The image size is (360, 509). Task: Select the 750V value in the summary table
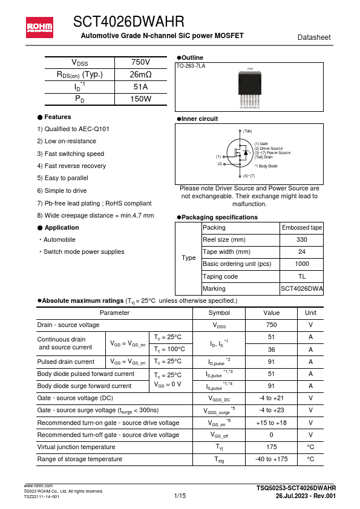point(140,63)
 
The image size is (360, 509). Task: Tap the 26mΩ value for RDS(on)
point(140,75)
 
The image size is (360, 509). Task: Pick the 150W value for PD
point(140,99)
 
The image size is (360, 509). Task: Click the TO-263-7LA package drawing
point(250,87)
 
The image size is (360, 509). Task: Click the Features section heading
point(57,117)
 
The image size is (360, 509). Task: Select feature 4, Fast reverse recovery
point(71,166)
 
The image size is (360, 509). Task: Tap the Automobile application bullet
point(60,239)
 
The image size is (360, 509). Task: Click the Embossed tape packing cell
point(302,228)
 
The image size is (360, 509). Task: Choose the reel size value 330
point(302,240)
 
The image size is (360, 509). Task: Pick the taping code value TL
point(302,276)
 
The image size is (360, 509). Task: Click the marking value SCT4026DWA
point(302,289)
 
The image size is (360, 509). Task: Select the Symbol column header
point(218,313)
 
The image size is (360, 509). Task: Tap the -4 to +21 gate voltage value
point(272,398)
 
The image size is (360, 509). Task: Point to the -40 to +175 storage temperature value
point(272,459)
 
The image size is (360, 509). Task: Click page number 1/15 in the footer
point(180,496)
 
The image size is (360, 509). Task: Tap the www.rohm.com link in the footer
point(38,486)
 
